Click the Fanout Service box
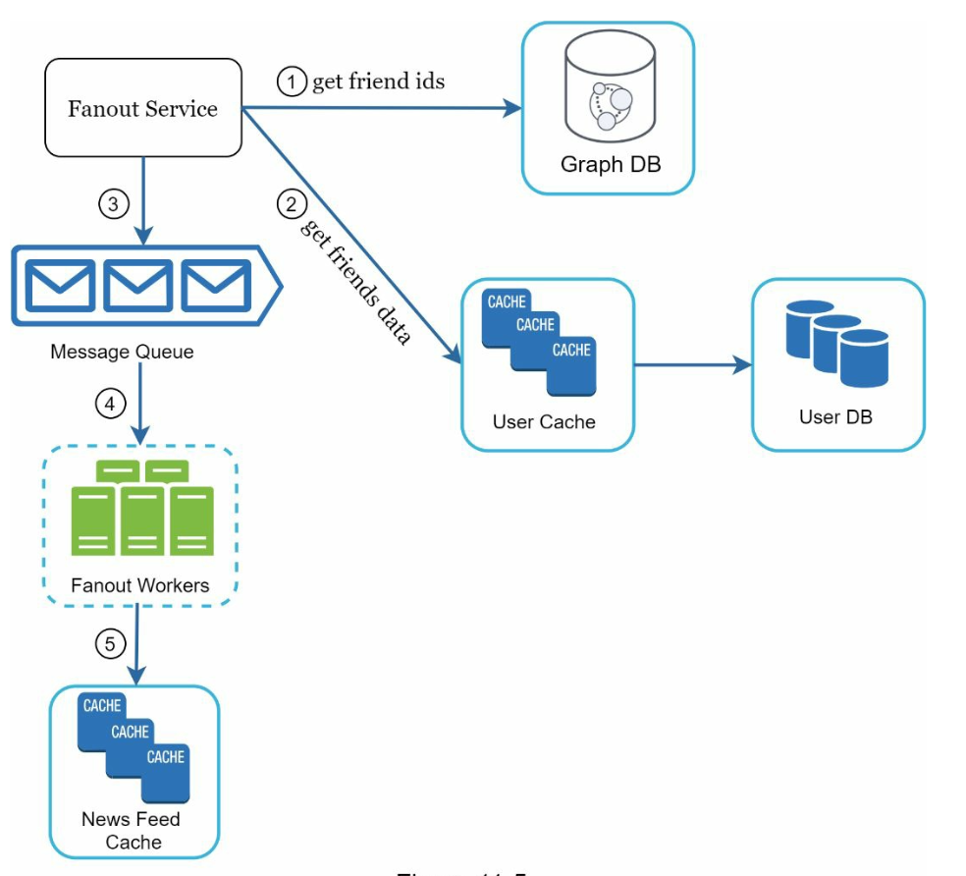(x=142, y=108)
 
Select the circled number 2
(x=290, y=205)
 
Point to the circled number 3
(x=114, y=204)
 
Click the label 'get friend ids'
(x=378, y=82)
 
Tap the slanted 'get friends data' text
(x=355, y=282)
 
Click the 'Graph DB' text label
(x=611, y=164)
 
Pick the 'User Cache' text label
(x=544, y=422)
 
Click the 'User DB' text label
(x=835, y=417)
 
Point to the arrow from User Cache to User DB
(x=692, y=366)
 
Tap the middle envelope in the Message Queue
(x=138, y=285)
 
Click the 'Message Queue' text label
(x=122, y=351)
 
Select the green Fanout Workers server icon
(x=142, y=508)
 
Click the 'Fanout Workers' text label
(x=140, y=585)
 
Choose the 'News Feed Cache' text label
(x=131, y=830)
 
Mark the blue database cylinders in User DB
(x=837, y=346)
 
